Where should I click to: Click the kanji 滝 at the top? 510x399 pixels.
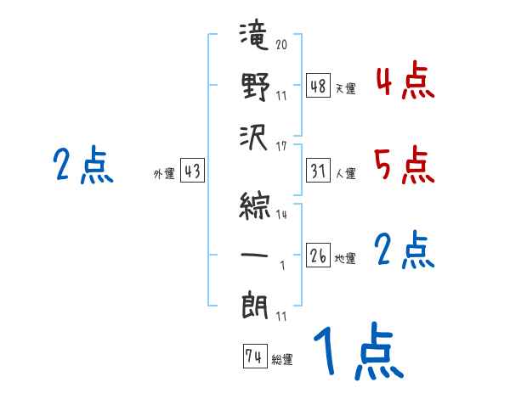(255, 39)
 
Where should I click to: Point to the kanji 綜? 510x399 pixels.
(255, 205)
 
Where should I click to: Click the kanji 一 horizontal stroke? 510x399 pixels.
(255, 254)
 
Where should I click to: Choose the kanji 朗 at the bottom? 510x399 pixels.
(255, 304)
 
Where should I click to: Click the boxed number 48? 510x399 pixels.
(318, 86)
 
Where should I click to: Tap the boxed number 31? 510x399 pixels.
(318, 171)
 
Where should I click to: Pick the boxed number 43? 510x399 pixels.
(192, 171)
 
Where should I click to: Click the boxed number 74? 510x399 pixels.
(253, 357)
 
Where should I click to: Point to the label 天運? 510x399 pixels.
(345, 88)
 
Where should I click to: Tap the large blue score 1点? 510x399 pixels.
(357, 352)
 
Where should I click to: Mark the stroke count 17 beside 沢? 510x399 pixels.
(281, 145)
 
